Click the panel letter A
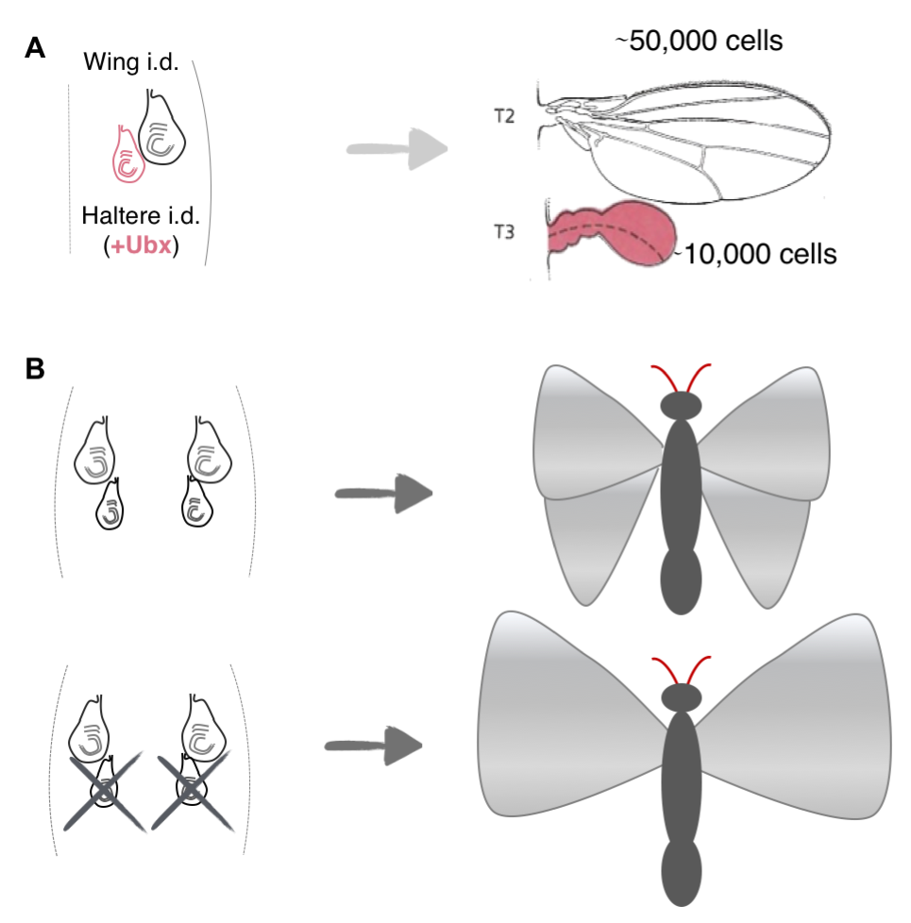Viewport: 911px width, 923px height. point(34,50)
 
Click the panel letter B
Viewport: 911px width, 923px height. point(35,370)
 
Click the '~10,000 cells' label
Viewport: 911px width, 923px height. point(756,254)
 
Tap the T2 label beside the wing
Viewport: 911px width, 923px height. point(505,116)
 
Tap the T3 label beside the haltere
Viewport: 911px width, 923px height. point(505,229)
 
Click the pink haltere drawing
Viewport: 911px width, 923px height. point(614,233)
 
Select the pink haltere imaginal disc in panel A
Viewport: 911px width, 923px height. point(127,154)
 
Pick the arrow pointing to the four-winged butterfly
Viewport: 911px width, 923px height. point(383,494)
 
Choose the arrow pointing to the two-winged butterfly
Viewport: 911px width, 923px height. point(374,746)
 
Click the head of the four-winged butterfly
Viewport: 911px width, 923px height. point(680,406)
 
